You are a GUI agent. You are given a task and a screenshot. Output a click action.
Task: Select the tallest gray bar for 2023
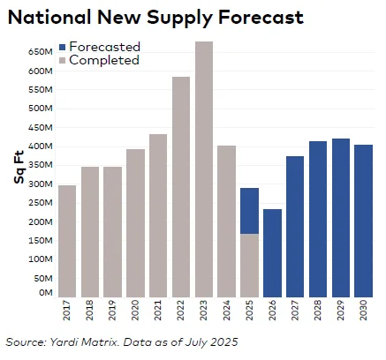coord(204,168)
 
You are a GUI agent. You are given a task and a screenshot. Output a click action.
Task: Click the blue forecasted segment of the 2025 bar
coord(250,210)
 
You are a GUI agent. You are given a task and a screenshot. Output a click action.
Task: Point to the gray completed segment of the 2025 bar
coord(250,265)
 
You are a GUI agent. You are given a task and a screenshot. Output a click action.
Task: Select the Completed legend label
coord(104,60)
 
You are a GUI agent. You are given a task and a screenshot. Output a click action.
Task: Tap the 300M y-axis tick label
coord(41,184)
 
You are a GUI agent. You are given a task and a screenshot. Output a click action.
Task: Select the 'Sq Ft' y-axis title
coord(18,169)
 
